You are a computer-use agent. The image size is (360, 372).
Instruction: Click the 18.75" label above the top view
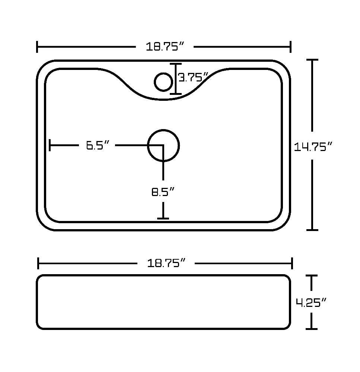[165, 46]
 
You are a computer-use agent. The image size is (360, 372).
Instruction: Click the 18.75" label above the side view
[166, 263]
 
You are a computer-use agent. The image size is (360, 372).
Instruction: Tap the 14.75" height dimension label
[313, 147]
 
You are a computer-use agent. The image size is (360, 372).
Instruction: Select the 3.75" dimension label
[193, 77]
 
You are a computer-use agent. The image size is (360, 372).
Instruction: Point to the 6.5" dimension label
[98, 145]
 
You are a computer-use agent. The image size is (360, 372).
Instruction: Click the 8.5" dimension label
[163, 192]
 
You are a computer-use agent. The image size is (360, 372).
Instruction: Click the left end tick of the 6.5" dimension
[50, 145]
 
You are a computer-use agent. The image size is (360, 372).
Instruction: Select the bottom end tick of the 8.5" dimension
[163, 218]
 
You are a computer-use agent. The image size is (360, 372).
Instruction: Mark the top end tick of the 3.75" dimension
[176, 64]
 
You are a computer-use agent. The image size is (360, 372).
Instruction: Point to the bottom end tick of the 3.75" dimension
[176, 94]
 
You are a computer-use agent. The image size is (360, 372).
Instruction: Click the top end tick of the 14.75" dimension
[312, 60]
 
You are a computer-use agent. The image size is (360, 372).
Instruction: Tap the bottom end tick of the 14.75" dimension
[312, 230]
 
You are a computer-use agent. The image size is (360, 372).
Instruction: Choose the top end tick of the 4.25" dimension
[311, 276]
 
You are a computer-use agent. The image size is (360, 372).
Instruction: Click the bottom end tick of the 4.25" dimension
[311, 329]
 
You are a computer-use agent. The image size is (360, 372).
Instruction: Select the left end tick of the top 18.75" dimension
[37, 47]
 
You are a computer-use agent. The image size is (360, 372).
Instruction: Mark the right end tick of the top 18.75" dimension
[291, 47]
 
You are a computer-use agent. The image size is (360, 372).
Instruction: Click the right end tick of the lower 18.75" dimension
[292, 263]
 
